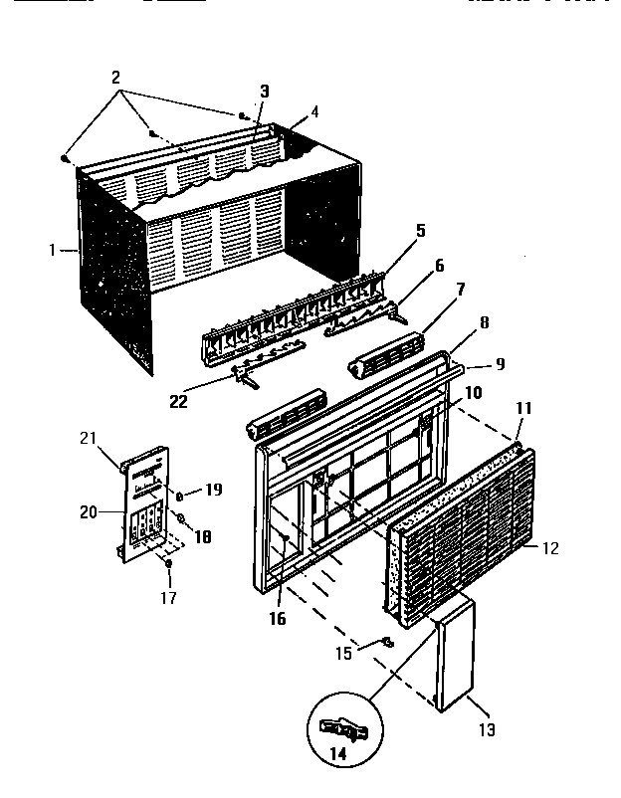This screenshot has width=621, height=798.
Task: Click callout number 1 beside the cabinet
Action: tap(51, 251)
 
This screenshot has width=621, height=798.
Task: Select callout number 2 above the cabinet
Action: tap(116, 76)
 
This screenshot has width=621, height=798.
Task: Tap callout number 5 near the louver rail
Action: tap(420, 231)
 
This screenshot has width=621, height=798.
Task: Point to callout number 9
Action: tap(500, 364)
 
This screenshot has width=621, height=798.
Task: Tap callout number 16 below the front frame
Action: tap(277, 619)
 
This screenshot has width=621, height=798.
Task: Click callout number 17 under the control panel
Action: tap(167, 598)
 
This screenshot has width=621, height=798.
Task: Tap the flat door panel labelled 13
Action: tap(453, 652)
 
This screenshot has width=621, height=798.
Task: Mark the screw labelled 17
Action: tap(167, 564)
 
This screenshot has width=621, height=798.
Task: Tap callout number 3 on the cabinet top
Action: tap(264, 92)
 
